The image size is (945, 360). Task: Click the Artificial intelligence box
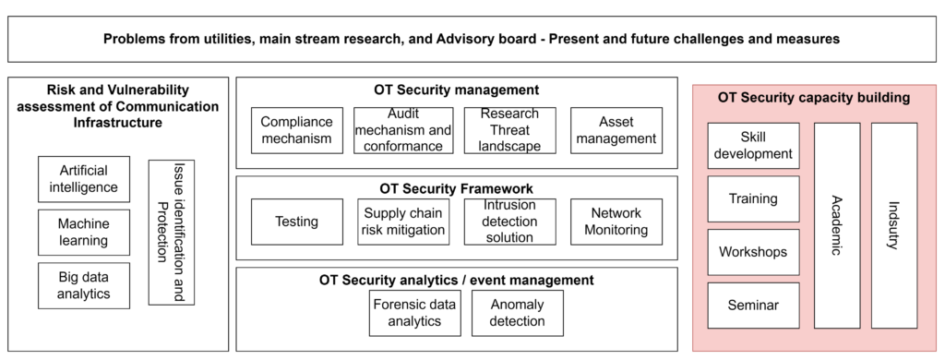pos(84,179)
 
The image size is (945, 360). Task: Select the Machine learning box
pos(84,233)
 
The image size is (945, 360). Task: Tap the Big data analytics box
pos(84,286)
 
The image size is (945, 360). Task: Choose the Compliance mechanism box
pos(296,130)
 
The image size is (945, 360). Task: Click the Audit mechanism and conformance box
pos(403,130)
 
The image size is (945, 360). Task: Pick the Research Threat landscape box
pos(510,130)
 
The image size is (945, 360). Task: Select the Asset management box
pos(616,130)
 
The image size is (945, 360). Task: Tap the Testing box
pos(296,222)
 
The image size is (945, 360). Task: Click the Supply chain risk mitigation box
pos(403,222)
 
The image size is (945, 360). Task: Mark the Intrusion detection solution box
pos(510,222)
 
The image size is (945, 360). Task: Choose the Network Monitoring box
pos(616,222)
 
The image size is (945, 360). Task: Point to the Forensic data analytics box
pos(414,313)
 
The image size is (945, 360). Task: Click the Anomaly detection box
pos(518,313)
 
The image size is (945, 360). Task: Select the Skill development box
pos(753,145)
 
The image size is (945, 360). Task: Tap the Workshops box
pos(753,252)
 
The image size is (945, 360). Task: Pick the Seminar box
pos(753,306)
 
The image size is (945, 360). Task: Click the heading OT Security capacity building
pos(814,97)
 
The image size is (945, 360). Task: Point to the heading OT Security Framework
pos(456,187)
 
